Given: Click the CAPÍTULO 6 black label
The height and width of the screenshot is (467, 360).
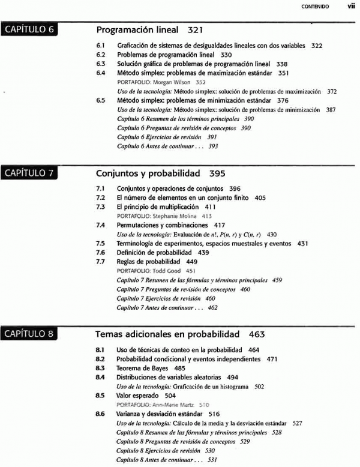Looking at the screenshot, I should coord(29,30).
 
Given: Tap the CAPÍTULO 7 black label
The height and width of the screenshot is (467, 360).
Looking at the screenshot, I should coord(29,173).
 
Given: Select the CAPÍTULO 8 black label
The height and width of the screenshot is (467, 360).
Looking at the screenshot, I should coord(29,334).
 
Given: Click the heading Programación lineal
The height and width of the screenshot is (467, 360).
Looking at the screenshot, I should coord(137,29).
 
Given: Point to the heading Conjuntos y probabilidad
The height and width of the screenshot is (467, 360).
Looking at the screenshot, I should coord(148,173).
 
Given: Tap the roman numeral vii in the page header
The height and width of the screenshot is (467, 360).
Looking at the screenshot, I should coord(350,7).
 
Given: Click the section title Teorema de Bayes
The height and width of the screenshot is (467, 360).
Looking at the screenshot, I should coord(142,368).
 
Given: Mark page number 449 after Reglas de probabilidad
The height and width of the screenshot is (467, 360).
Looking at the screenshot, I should coord(191,262).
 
